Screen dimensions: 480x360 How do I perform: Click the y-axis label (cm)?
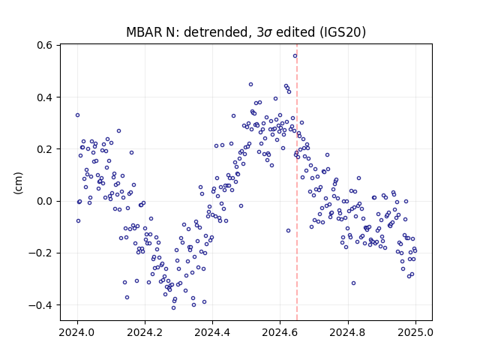(x=18, y=183)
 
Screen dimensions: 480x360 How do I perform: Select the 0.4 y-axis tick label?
(x=45, y=97)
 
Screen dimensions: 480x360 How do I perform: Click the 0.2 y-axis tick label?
(x=45, y=149)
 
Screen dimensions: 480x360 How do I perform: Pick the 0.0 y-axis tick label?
(x=45, y=201)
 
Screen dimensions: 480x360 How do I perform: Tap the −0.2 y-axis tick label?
(x=41, y=253)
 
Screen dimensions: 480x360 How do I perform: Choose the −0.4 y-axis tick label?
(x=41, y=305)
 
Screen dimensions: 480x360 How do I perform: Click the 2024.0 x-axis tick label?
(x=77, y=332)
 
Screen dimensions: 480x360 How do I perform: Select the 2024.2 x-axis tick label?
(x=145, y=332)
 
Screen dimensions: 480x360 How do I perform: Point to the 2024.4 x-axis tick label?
(x=212, y=332)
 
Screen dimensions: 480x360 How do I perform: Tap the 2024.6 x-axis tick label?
(x=280, y=332)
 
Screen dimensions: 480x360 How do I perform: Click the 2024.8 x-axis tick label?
(x=348, y=332)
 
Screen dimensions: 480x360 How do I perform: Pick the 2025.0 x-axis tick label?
(x=415, y=332)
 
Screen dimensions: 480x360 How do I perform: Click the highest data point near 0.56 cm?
(x=295, y=56)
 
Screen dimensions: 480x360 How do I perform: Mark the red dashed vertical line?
(x=297, y=182)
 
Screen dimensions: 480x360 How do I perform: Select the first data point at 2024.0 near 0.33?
(x=77, y=115)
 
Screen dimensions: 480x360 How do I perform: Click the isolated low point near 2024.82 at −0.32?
(x=353, y=283)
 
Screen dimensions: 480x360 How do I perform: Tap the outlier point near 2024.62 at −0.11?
(x=288, y=230)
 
